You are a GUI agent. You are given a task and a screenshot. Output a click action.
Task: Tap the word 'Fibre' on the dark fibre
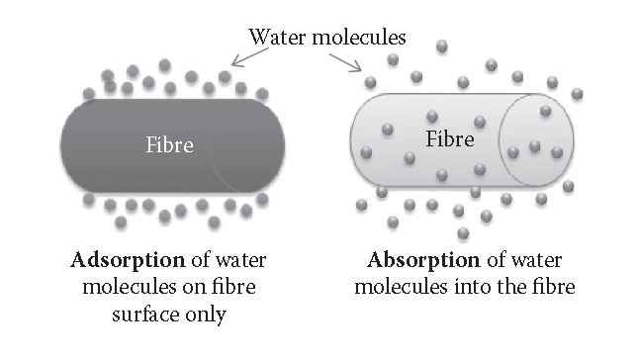click(x=170, y=145)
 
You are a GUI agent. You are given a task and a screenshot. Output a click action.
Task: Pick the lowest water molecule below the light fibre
click(x=463, y=233)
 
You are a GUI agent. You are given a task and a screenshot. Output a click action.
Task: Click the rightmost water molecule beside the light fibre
click(x=578, y=94)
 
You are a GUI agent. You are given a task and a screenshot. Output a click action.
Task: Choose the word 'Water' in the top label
click(x=275, y=38)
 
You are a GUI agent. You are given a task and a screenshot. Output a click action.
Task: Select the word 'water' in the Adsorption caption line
click(x=236, y=262)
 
